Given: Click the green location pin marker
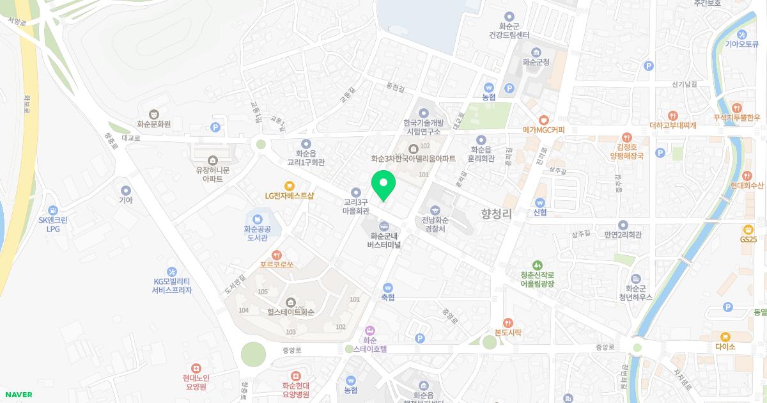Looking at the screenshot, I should click(x=383, y=185).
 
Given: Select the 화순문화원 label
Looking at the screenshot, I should click(x=153, y=124).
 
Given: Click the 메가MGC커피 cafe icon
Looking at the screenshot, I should click(x=544, y=119).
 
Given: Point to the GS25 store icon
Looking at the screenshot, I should click(x=748, y=229).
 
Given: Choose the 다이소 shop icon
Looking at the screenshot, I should click(x=725, y=336).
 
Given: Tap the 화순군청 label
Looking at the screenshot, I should click(x=536, y=62).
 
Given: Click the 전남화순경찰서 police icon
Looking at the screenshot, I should click(x=435, y=210).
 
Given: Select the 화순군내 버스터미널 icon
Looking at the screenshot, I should click(x=384, y=226).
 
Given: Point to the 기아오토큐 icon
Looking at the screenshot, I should click(x=742, y=34).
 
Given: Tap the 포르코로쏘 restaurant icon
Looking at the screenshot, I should click(x=277, y=254).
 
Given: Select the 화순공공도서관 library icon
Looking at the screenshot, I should click(x=258, y=218).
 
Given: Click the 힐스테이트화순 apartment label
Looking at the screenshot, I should click(x=291, y=313).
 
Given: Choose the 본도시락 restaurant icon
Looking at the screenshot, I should click(x=508, y=322).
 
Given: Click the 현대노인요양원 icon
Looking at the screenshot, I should click(x=196, y=368).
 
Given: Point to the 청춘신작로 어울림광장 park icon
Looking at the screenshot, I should click(x=537, y=265).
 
